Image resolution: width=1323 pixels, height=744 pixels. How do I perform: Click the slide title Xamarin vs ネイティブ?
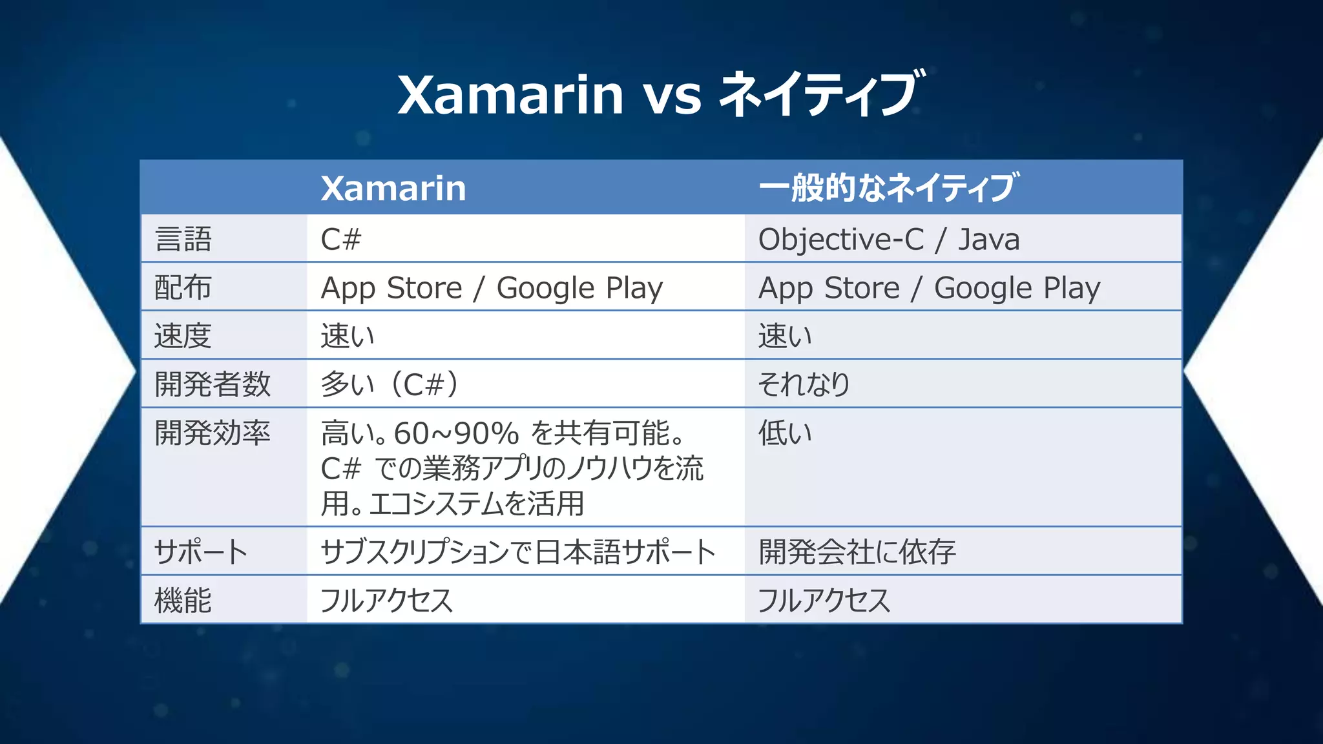tap(660, 94)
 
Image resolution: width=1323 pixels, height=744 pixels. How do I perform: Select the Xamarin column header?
tap(393, 188)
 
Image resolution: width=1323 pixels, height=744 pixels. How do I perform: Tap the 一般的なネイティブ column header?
tap(888, 188)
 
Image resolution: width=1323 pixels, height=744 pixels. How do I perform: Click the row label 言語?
tap(183, 239)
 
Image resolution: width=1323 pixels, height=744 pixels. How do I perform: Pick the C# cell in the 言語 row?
tap(340, 239)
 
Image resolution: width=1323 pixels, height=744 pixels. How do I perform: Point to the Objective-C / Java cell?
tap(888, 239)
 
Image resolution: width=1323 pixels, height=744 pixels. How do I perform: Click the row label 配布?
tap(183, 287)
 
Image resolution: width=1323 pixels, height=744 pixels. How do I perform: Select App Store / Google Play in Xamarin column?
tap(492, 287)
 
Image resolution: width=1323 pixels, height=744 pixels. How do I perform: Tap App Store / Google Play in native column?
tap(929, 287)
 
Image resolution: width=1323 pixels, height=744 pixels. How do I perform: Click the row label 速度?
tap(183, 336)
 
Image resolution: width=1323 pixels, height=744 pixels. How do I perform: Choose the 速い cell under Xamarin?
tap(348, 336)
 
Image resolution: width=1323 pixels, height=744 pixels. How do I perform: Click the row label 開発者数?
tap(212, 384)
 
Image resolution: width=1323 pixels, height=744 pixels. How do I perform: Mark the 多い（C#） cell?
tap(390, 384)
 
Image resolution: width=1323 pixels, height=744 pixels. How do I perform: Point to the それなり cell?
tap(804, 384)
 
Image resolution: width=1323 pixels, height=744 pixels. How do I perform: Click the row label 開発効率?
tap(212, 433)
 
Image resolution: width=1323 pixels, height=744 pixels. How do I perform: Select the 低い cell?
tap(784, 433)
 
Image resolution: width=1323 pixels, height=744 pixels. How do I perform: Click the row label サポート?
tap(201, 552)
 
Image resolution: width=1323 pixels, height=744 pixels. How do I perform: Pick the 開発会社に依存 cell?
tap(857, 552)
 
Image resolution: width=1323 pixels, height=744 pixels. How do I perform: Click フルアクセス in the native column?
tap(824, 601)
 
